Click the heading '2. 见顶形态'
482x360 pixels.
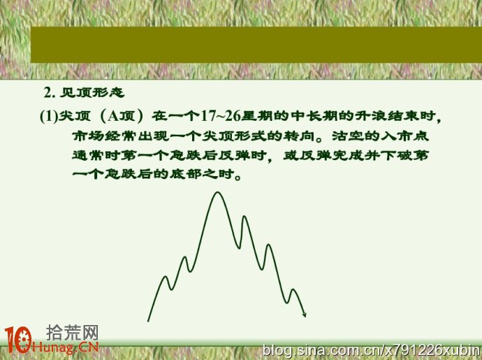point(84,92)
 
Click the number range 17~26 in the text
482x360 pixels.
point(221,116)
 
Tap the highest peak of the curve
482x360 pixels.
point(218,193)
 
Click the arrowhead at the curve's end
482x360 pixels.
point(304,314)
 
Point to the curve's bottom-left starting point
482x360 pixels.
point(148,321)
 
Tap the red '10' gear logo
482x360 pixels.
point(18,340)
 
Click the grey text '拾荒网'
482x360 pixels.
point(73,332)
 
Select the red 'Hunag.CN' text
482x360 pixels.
point(65,347)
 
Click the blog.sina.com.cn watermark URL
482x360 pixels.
point(372,350)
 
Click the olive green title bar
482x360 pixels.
point(256,45)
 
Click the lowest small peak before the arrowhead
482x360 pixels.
point(293,290)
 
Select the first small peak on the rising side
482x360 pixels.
point(166,277)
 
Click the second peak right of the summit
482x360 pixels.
point(269,245)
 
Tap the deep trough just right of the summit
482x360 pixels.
point(239,247)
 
